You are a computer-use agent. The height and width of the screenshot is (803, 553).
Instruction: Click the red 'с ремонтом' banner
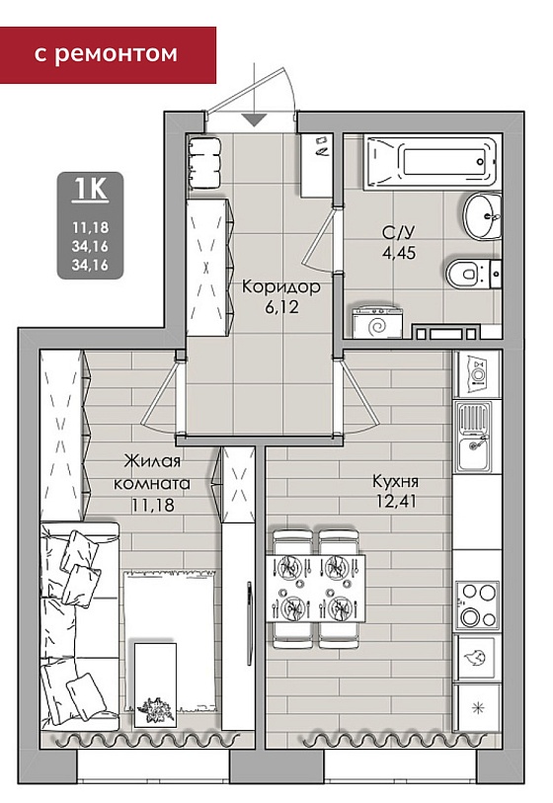pos(108,54)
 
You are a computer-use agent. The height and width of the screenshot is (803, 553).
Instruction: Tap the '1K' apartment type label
pos(90,189)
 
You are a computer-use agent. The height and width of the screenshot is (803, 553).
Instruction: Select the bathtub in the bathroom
pos(431,162)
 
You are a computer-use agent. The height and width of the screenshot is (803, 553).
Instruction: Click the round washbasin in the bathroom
pos(482,215)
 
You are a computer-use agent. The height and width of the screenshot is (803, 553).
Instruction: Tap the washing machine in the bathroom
pos(378,322)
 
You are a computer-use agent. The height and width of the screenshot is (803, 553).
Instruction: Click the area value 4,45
pos(398,253)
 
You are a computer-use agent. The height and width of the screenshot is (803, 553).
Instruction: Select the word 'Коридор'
pos(281,286)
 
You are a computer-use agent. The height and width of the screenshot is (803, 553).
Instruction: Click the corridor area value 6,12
pos(281,307)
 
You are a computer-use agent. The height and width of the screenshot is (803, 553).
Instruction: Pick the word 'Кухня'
pos(395,481)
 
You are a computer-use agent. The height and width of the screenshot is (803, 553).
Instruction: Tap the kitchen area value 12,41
pos(396,502)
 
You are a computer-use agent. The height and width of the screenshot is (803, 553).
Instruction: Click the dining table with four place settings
pos(315,588)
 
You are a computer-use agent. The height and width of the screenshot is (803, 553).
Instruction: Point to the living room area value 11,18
pos(153,505)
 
